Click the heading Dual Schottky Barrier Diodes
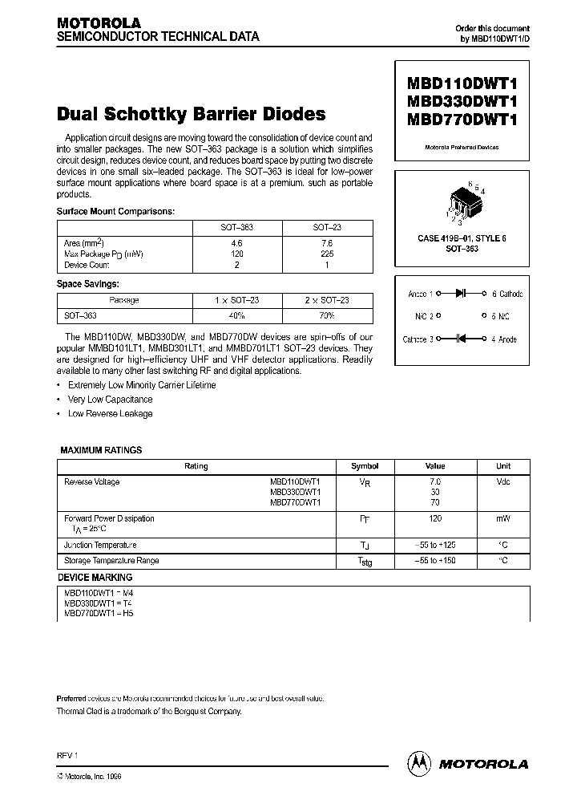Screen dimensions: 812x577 coord(191,114)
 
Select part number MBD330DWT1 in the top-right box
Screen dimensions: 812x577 coord(462,102)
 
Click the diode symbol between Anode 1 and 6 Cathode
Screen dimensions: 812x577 coord(461,294)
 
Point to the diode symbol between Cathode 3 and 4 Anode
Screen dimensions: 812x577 coord(461,339)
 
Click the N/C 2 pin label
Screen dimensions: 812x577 coord(425,317)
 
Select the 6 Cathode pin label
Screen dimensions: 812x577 coord(506,294)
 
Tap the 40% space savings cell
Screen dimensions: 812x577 coord(237,315)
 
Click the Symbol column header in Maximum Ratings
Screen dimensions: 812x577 coord(365,466)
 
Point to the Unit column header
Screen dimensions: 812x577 coord(503,466)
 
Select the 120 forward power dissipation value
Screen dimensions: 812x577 coord(435,518)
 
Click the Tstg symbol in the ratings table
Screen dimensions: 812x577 coord(365,562)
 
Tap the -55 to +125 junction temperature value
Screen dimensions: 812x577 coord(435,545)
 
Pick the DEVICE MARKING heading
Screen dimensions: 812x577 coord(95,577)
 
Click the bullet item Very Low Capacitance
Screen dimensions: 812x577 coord(110,399)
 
